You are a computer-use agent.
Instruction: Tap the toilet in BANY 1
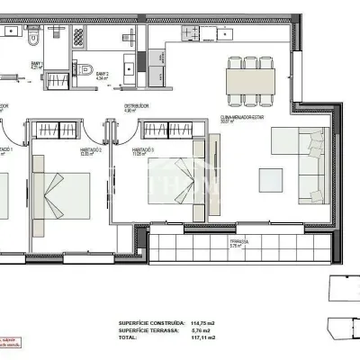click(32, 39)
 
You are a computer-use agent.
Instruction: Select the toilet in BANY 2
click(86, 70)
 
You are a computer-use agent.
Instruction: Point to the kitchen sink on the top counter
click(222, 33)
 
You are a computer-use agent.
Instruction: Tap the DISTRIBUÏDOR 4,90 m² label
click(135, 108)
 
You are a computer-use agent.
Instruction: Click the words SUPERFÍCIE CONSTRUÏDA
click(149, 321)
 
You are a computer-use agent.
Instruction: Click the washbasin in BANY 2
click(129, 65)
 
